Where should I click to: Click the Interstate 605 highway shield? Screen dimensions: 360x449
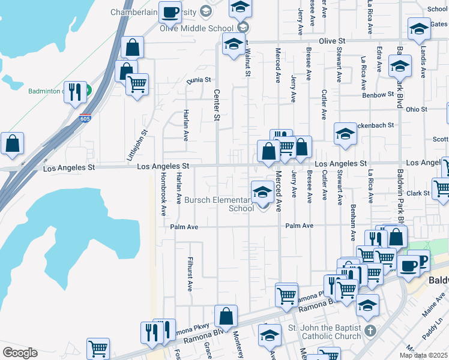tap(85, 119)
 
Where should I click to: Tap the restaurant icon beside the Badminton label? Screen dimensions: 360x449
tap(75, 92)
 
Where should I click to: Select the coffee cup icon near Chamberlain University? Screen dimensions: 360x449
tap(170, 12)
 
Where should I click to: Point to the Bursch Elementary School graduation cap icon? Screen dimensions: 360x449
tap(262, 193)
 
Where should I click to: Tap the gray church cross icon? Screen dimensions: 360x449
tap(371, 331)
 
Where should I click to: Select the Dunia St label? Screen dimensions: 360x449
tap(199, 79)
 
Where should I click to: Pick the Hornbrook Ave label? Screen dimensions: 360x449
tap(163, 194)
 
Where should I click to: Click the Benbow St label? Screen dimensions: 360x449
tap(377, 94)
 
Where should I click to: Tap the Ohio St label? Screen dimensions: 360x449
tap(416, 109)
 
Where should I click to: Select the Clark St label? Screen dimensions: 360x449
tap(418, 193)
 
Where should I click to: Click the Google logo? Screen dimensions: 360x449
tap(20, 353)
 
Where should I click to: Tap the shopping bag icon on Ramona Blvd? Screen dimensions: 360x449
tap(226, 316)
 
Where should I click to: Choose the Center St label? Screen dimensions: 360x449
tap(216, 104)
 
